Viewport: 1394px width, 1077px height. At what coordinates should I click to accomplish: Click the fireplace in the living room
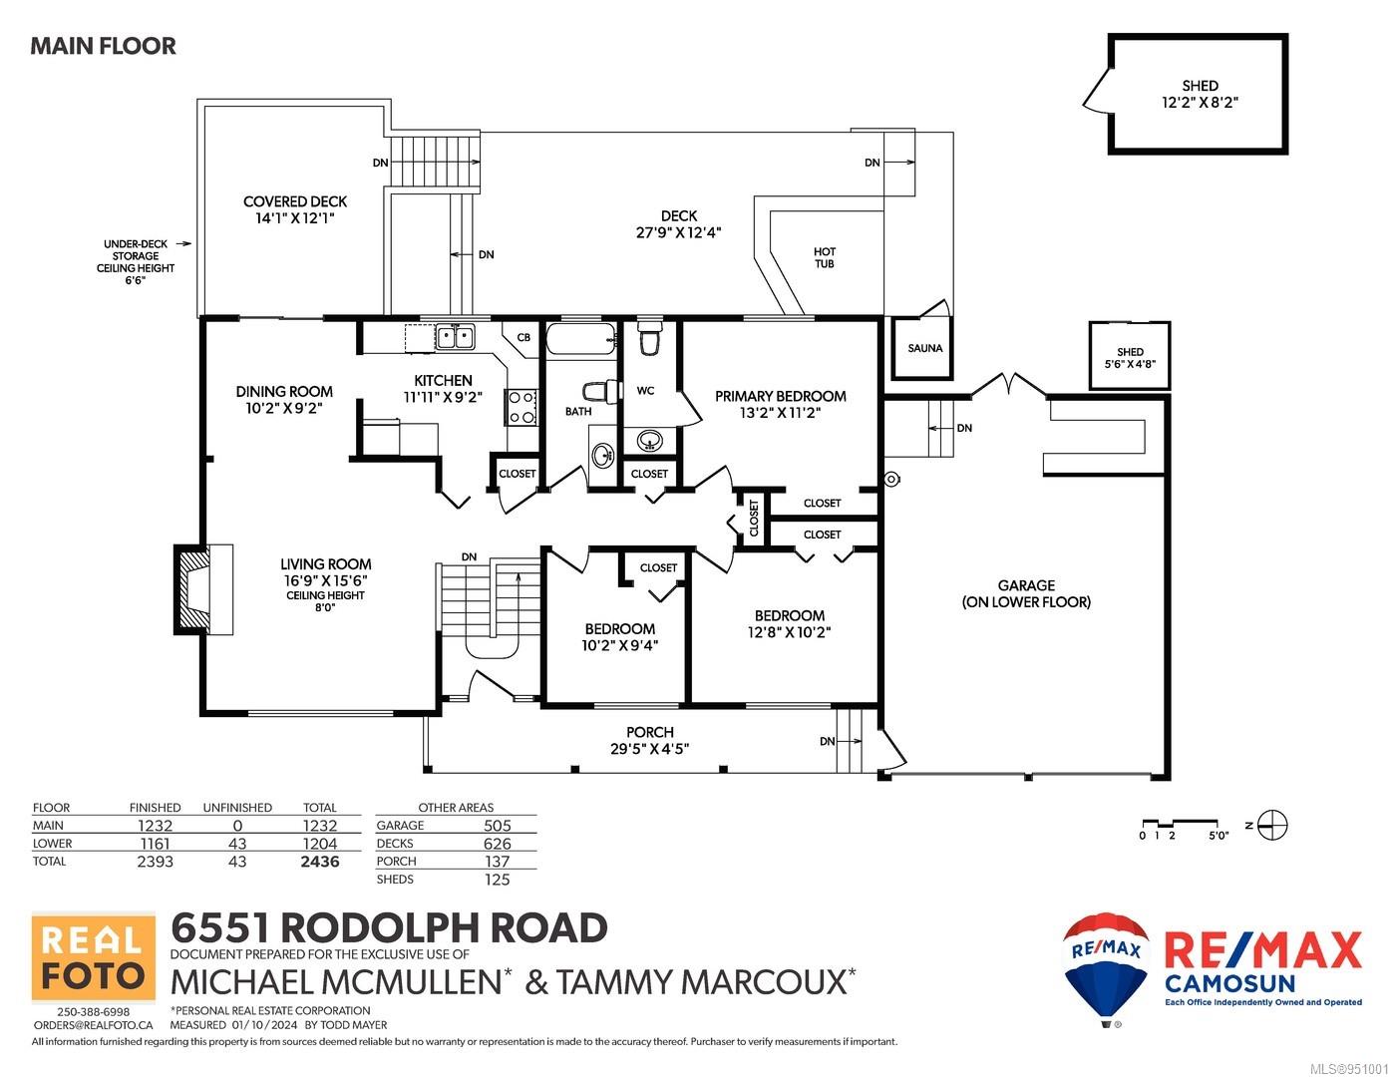pyautogui.click(x=202, y=589)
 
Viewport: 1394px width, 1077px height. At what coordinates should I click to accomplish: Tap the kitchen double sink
pyautogui.click(x=455, y=337)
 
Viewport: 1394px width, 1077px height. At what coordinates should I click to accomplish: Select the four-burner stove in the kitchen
pyautogui.click(x=522, y=407)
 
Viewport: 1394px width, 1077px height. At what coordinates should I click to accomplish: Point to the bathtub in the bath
pyautogui.click(x=581, y=338)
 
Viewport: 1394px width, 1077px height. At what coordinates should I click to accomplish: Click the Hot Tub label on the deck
pyautogui.click(x=825, y=257)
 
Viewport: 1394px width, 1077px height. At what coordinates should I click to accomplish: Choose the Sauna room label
pyautogui.click(x=924, y=348)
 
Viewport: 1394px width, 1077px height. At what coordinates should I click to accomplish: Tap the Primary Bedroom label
pyautogui.click(x=780, y=397)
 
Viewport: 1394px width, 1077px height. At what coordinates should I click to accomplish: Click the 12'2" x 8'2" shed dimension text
pyautogui.click(x=1200, y=103)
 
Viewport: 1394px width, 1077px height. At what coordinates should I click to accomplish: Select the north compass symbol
pyautogui.click(x=1272, y=825)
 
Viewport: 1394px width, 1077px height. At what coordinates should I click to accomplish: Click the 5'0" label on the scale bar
pyautogui.click(x=1219, y=835)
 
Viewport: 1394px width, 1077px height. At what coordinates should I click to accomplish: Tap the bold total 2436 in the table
pyautogui.click(x=319, y=862)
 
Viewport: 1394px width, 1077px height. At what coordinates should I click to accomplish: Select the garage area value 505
pyautogui.click(x=498, y=826)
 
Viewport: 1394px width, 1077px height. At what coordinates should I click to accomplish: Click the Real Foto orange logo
pyautogui.click(x=94, y=957)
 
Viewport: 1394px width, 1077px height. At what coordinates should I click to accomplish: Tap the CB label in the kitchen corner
pyautogui.click(x=523, y=337)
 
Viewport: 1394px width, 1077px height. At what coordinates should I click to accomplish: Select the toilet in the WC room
pyautogui.click(x=648, y=337)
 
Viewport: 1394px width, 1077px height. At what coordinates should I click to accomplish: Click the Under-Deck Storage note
pyautogui.click(x=136, y=261)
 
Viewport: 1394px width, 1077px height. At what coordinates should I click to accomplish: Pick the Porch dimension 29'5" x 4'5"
pyautogui.click(x=649, y=749)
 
